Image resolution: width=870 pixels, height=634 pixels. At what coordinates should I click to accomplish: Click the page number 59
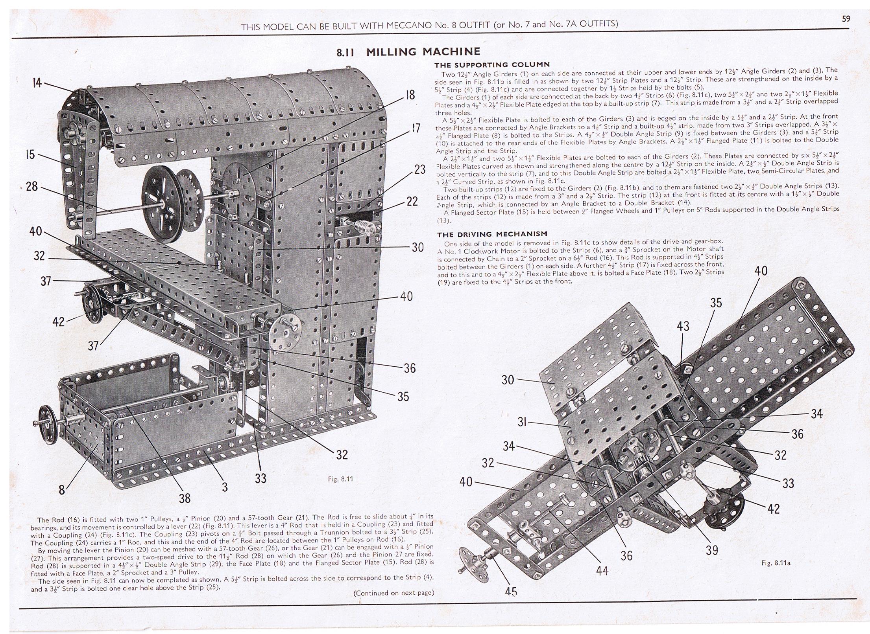[x=846, y=18]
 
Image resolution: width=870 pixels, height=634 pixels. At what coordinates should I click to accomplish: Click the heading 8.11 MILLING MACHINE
[x=408, y=52]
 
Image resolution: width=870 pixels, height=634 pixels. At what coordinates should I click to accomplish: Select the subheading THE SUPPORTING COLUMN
[x=491, y=65]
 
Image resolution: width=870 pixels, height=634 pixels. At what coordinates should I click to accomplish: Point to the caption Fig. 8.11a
[x=776, y=563]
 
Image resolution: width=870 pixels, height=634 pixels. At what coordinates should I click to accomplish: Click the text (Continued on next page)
[x=393, y=593]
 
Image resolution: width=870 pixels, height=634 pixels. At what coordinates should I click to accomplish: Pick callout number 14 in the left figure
[x=37, y=83]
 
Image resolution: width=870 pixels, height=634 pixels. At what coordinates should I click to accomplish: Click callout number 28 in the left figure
[x=32, y=186]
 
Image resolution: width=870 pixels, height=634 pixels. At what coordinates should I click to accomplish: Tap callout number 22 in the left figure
[x=412, y=201]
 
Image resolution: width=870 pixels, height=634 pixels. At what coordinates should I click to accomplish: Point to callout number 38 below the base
[x=184, y=498]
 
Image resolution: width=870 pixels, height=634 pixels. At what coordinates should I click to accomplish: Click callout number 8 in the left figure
[x=62, y=490]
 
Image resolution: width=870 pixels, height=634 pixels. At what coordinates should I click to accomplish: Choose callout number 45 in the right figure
[x=511, y=592]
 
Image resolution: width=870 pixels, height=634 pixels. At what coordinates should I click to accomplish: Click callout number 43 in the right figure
[x=683, y=326]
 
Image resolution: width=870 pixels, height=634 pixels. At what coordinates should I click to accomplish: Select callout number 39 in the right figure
[x=711, y=550]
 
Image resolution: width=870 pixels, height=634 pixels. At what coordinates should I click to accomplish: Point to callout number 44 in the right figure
[x=602, y=570]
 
